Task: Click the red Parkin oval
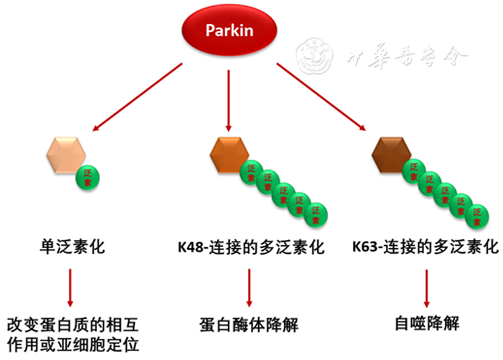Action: coord(229,31)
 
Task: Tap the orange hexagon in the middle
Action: coord(229,154)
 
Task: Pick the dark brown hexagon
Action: coord(390,154)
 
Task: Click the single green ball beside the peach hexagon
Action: coord(88,177)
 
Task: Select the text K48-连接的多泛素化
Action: coord(251,248)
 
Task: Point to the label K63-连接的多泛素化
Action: coord(426,248)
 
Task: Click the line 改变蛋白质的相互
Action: coord(74,324)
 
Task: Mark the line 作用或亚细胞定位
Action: coord(74,345)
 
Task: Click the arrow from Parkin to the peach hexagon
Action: coord(137,98)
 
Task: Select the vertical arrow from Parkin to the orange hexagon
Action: coord(228,100)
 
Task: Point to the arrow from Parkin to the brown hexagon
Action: coord(320,97)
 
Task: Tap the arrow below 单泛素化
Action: coord(70,287)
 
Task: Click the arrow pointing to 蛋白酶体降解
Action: coord(249,287)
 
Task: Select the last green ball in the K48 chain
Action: coord(315,214)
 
